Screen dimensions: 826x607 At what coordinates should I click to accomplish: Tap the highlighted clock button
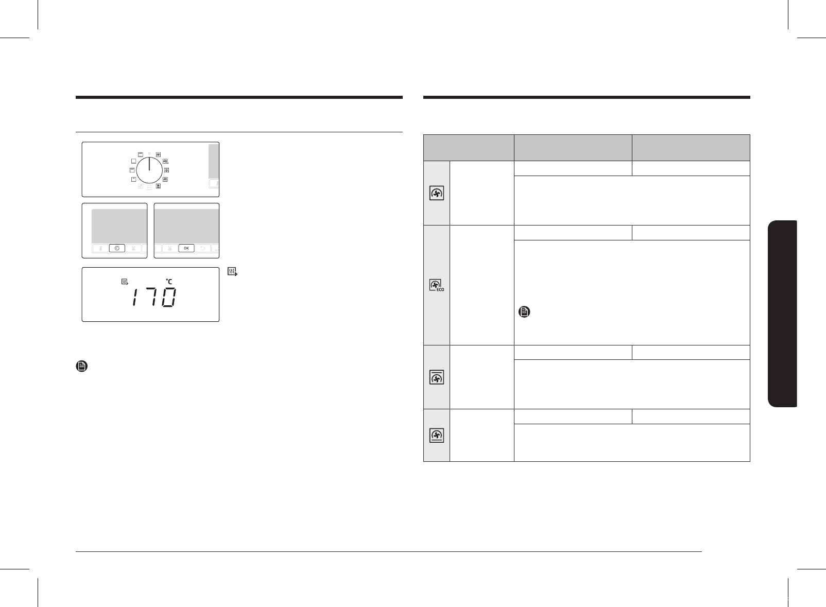pyautogui.click(x=117, y=248)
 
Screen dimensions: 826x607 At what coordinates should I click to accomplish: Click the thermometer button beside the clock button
pyautogui.click(x=100, y=248)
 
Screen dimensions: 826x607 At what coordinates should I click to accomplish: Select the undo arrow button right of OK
pyautogui.click(x=202, y=248)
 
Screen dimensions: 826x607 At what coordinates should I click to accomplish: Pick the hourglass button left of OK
pyautogui.click(x=170, y=248)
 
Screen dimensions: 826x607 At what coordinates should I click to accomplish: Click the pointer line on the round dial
pyautogui.click(x=149, y=164)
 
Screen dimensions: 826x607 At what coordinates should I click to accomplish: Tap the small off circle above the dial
pyautogui.click(x=149, y=153)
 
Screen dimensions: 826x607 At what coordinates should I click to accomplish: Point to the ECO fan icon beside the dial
pyautogui.click(x=165, y=161)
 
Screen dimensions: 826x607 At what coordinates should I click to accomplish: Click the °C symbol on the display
pyautogui.click(x=169, y=282)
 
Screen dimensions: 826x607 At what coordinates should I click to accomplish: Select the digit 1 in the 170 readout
pyautogui.click(x=135, y=298)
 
